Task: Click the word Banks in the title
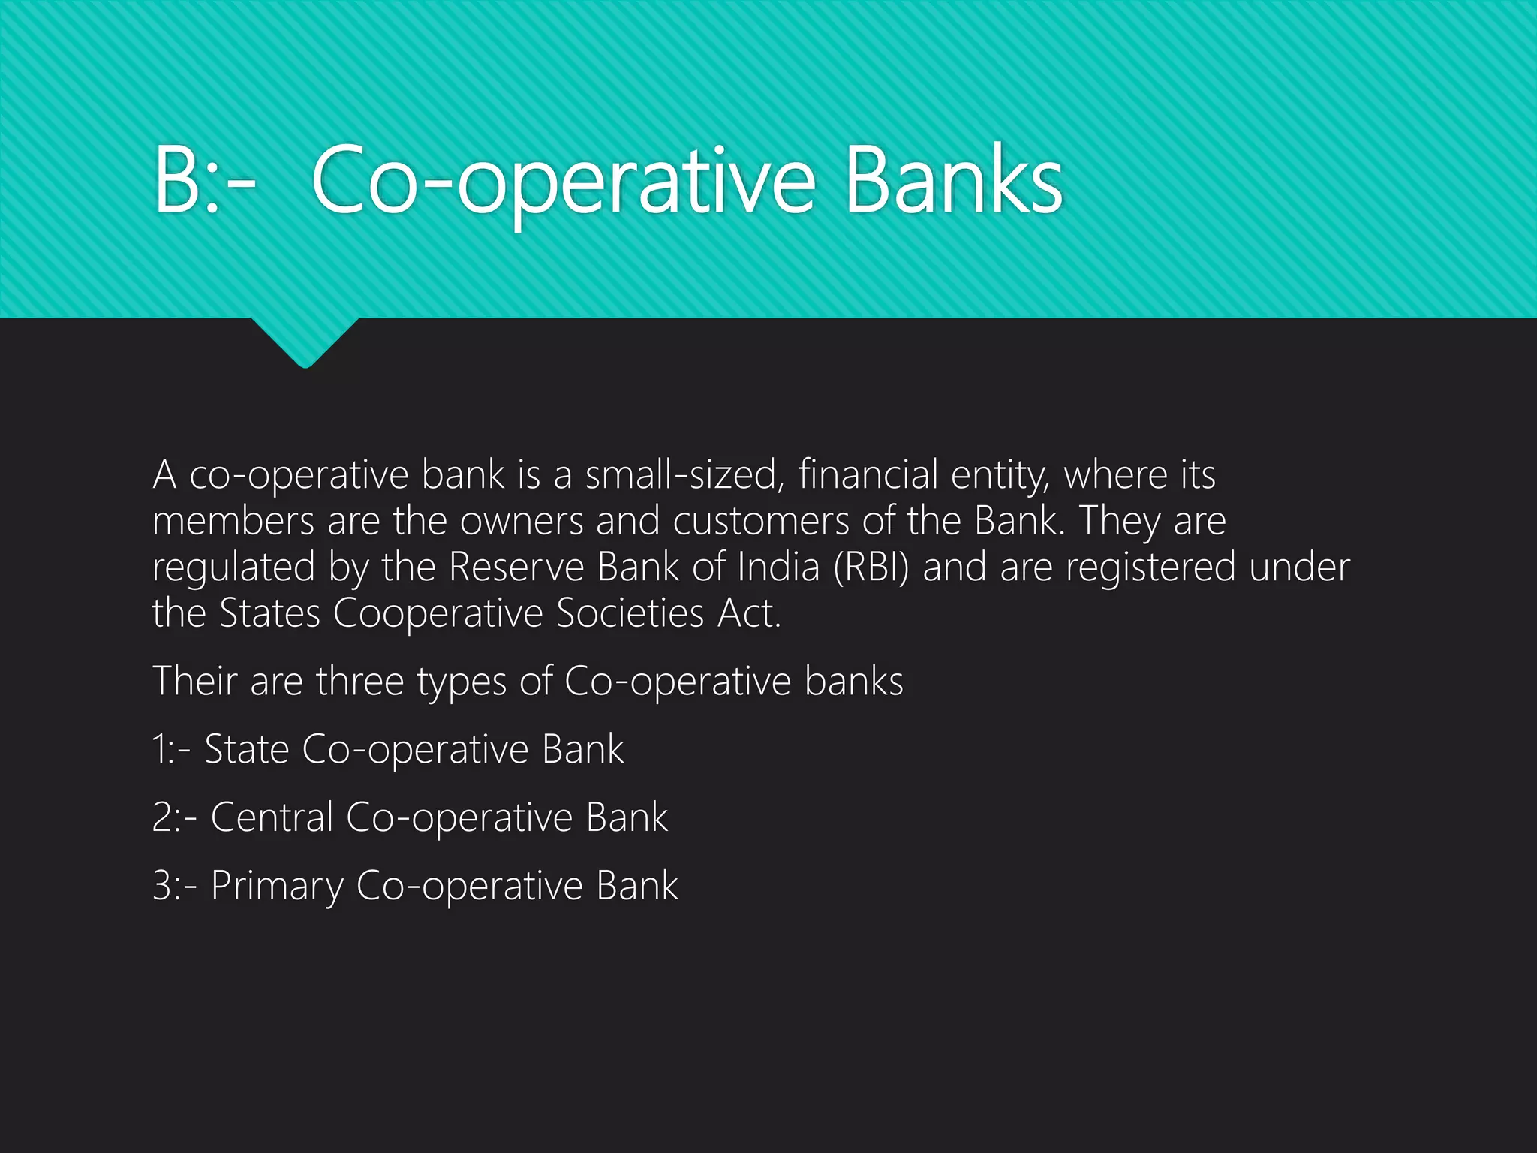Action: click(x=953, y=180)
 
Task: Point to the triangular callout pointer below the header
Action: click(x=305, y=342)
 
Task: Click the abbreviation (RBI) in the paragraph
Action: click(x=871, y=567)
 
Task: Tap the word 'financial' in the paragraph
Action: click(x=868, y=475)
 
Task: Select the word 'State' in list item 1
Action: click(x=247, y=750)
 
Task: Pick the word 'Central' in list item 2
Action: click(x=272, y=817)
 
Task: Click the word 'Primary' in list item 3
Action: click(x=276, y=887)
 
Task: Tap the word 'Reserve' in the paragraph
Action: click(x=516, y=567)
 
